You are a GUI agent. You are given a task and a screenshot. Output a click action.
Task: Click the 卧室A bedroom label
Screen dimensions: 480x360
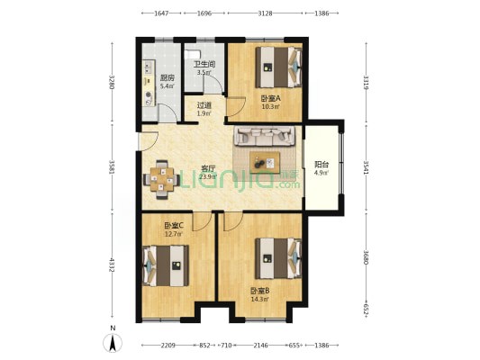click(x=270, y=98)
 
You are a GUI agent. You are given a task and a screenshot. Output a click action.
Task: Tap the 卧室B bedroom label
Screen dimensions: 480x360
click(x=260, y=291)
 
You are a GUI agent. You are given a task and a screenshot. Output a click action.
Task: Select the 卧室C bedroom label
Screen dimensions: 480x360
click(x=174, y=226)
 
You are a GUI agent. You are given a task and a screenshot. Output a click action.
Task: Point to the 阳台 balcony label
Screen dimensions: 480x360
click(x=322, y=165)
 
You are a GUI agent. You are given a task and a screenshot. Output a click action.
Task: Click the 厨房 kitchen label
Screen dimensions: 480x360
click(x=168, y=78)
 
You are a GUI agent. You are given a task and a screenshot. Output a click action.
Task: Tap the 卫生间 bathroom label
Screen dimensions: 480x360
click(x=204, y=64)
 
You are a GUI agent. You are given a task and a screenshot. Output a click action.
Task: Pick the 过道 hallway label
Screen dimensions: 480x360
click(x=204, y=105)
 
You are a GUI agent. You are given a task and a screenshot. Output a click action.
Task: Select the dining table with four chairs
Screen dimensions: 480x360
click(x=161, y=179)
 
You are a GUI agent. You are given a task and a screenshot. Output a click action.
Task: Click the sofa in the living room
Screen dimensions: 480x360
click(x=265, y=136)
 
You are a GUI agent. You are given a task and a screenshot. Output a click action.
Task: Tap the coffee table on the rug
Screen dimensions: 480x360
click(x=265, y=162)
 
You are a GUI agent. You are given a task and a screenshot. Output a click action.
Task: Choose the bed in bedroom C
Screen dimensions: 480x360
click(x=166, y=265)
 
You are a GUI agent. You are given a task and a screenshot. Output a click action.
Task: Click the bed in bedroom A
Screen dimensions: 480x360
click(x=279, y=67)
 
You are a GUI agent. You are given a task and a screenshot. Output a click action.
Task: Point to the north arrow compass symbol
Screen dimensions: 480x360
click(x=113, y=344)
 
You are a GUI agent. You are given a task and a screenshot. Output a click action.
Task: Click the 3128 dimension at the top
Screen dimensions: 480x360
click(x=265, y=13)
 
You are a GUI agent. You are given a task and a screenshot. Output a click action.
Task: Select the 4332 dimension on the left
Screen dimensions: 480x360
click(x=113, y=265)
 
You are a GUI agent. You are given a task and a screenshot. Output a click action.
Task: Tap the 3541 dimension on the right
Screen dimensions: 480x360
click(x=366, y=167)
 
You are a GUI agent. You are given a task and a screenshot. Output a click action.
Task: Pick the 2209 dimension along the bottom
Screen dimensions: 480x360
click(x=168, y=346)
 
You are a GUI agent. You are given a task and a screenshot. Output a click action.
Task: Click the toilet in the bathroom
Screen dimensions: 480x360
click(x=193, y=55)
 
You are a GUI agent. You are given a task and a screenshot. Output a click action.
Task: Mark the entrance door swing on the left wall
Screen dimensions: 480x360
click(x=149, y=141)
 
